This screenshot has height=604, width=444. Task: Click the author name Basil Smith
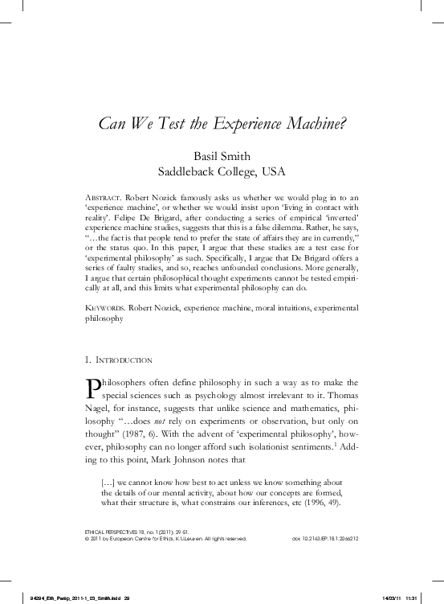pyautogui.click(x=222, y=155)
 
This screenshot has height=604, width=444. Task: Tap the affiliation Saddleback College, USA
pyautogui.click(x=222, y=171)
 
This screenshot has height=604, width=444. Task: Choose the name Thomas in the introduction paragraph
pyautogui.click(x=340, y=397)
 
